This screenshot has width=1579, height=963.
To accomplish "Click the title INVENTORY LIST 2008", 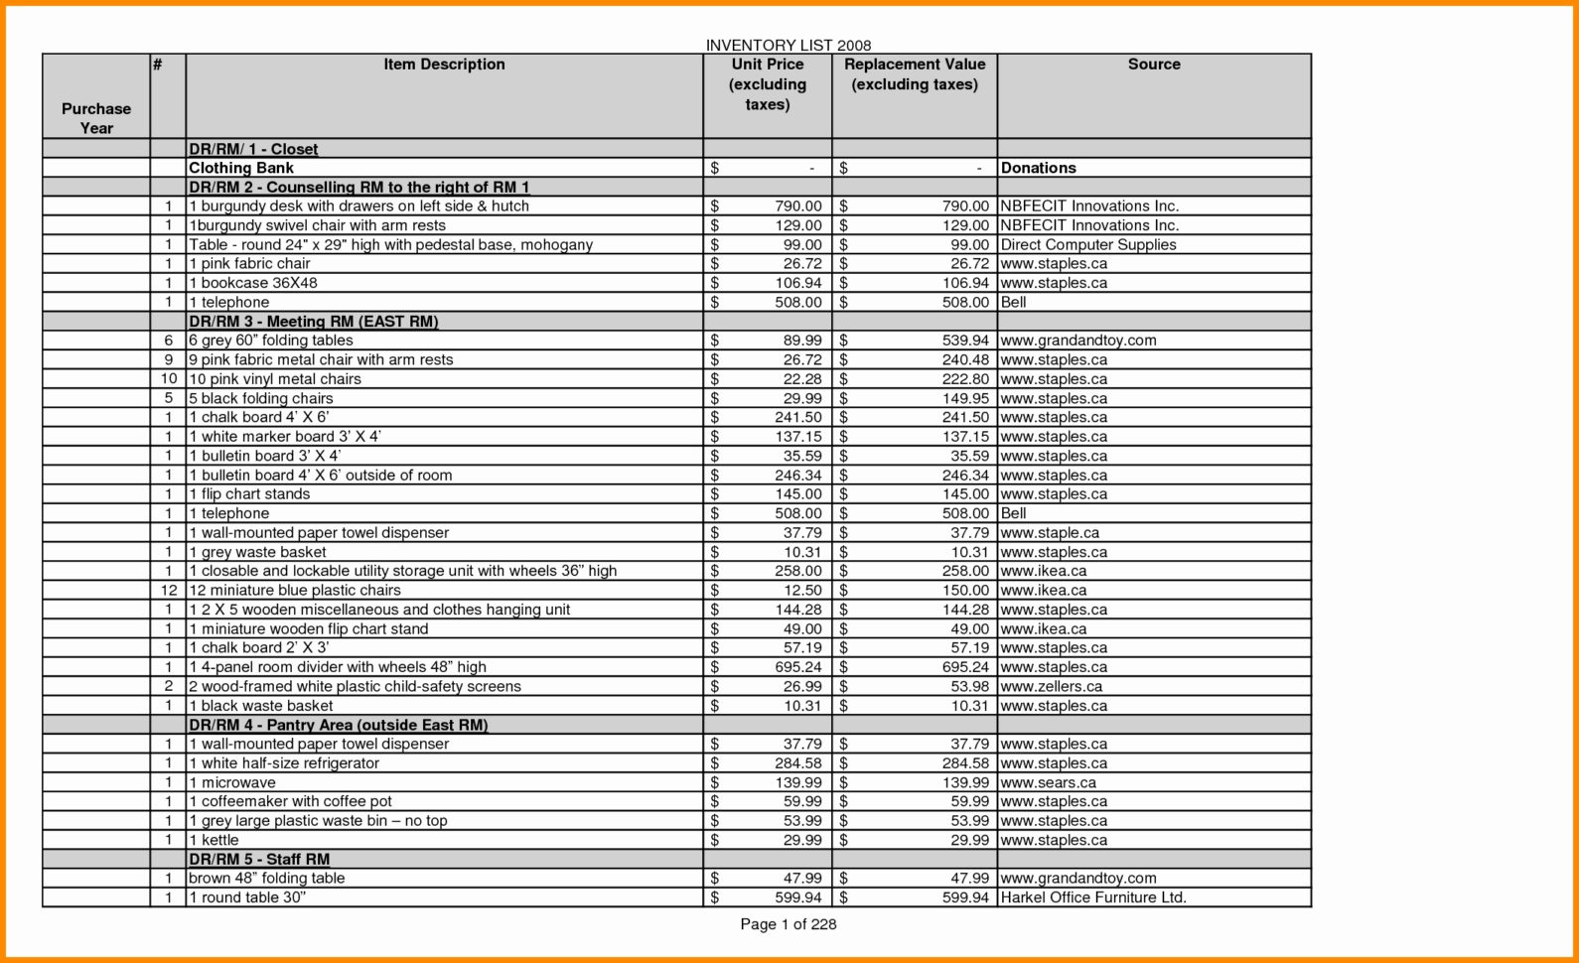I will pyautogui.click(x=788, y=46).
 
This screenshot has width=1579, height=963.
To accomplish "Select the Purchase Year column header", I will pyautogui.click(x=96, y=118).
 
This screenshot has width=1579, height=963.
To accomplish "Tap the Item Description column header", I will pyautogui.click(x=444, y=65).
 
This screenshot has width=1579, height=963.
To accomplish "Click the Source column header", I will pyautogui.click(x=1153, y=65).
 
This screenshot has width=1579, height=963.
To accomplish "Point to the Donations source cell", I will pyautogui.click(x=1038, y=168).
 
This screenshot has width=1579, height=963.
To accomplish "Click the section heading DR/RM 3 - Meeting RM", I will pyautogui.click(x=313, y=322).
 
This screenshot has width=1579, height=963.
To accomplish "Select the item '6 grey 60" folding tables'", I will pyautogui.click(x=271, y=341).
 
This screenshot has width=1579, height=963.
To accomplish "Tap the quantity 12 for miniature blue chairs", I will pyautogui.click(x=169, y=590).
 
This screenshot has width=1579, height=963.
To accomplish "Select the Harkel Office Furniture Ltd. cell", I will pyautogui.click(x=1093, y=897).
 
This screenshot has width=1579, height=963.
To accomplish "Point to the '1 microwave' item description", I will pyautogui.click(x=232, y=782).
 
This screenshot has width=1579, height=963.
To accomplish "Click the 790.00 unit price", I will pyautogui.click(x=798, y=206).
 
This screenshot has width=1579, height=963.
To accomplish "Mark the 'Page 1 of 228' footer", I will pyautogui.click(x=788, y=924).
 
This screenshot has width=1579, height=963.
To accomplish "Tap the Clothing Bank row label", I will pyautogui.click(x=241, y=168).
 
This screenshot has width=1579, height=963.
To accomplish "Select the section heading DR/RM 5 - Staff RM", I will pyautogui.click(x=259, y=860).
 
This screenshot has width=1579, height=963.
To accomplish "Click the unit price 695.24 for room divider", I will pyautogui.click(x=798, y=667).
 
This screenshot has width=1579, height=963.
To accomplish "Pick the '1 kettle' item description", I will pyautogui.click(x=214, y=840).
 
